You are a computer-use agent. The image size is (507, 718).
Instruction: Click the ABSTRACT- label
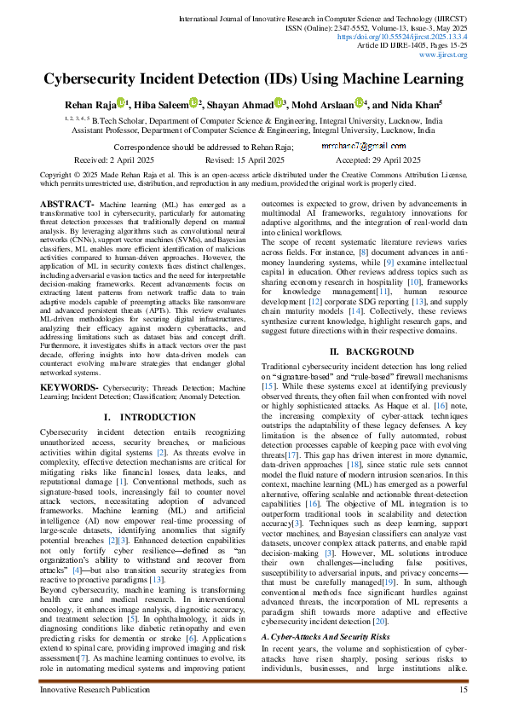[67, 206]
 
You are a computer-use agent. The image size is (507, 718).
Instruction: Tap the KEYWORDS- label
[69, 387]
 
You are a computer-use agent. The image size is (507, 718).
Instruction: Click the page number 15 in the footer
[464, 689]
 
